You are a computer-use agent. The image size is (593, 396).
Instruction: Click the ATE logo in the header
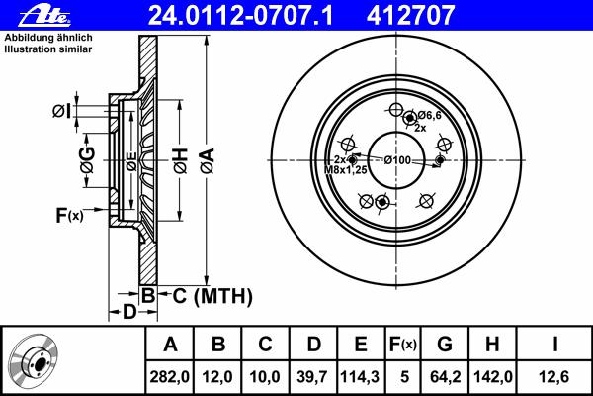pos(44,16)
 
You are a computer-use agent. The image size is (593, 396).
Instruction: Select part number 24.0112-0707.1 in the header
pos(240,15)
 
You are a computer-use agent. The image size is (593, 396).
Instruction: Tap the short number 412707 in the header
pos(410,15)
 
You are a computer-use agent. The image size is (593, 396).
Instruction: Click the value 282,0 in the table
pos(169,377)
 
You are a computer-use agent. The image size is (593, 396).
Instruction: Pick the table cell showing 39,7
pos(312,377)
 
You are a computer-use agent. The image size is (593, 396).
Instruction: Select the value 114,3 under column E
pos(360,377)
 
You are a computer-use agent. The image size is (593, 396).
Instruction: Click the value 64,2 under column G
pos(445,377)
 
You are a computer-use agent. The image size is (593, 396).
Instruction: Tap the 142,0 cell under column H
pos(493,377)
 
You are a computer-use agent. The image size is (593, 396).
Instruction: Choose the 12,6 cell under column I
pos(554,377)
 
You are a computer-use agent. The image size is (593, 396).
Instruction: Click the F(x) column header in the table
pos(402,345)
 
